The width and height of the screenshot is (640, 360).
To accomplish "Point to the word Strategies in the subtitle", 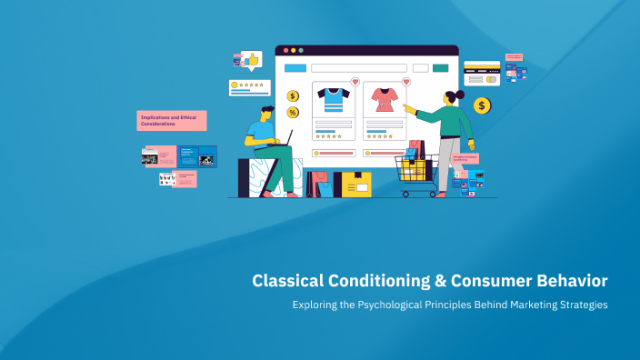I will point(577,305).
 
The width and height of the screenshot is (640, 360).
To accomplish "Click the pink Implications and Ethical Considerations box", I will point(172,120).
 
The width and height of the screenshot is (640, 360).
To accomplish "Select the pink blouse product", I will point(383,99).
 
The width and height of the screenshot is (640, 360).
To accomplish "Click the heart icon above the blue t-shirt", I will point(355,82).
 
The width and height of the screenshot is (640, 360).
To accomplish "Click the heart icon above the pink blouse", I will point(405,82).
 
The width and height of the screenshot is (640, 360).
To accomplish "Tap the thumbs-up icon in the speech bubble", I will point(250,60).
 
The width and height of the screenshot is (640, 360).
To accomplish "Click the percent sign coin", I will point(293,112).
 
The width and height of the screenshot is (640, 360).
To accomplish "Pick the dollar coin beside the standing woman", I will point(482,105).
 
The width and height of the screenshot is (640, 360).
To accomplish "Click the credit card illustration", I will point(482,73).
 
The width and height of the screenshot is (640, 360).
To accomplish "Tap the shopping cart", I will point(416,173).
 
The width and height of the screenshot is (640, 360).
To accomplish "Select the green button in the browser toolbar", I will point(441,68).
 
